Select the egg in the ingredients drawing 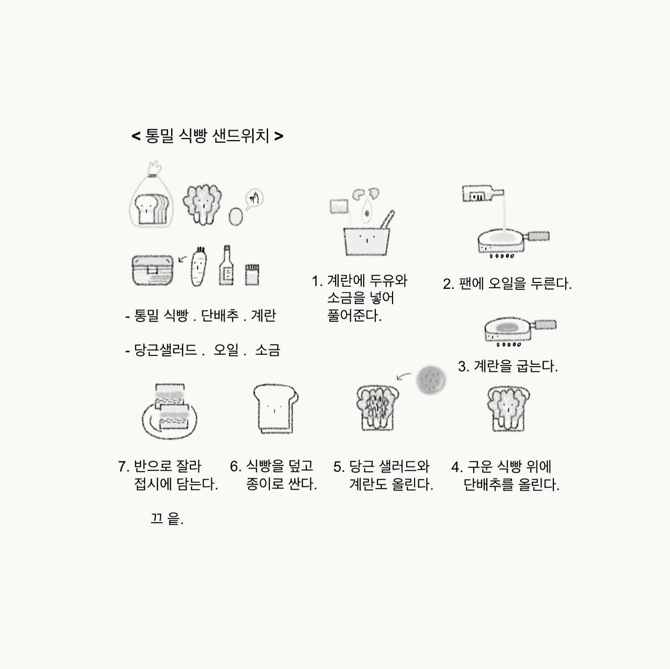236,216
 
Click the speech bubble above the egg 254,199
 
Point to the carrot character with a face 198,267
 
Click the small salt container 252,275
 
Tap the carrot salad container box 153,270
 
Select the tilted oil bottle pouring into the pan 483,194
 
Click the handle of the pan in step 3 545,325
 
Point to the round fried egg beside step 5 431,380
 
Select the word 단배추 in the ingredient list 220,315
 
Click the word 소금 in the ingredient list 267,350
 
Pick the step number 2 449,284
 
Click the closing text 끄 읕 166,518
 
